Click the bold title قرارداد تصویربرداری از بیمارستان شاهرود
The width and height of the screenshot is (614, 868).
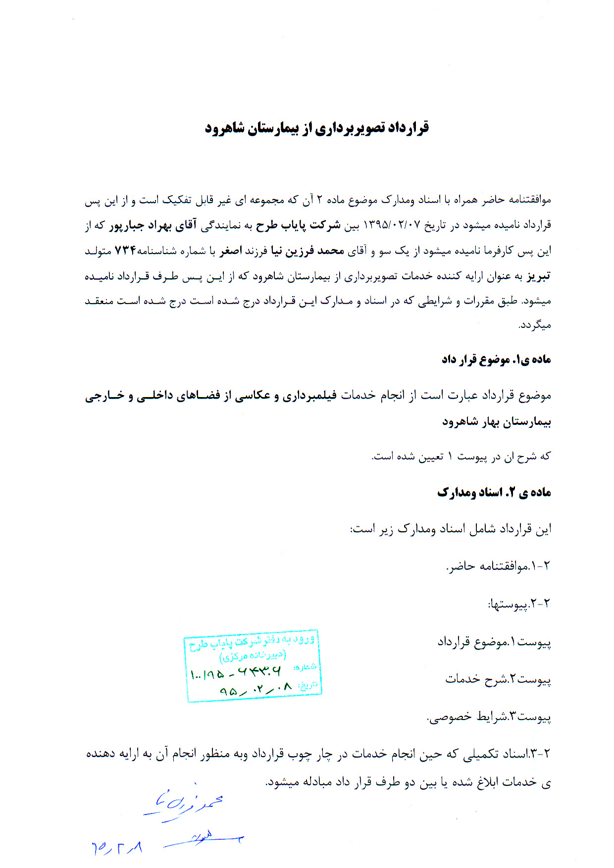tap(317, 128)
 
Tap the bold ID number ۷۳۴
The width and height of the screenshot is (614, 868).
tap(125, 251)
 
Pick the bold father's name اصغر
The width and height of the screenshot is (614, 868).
tap(231, 251)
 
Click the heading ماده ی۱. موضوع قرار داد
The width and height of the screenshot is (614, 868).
tap(496, 359)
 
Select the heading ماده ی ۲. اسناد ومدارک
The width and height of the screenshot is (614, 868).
tap(494, 492)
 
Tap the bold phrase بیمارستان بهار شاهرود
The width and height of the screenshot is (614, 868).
tap(496, 422)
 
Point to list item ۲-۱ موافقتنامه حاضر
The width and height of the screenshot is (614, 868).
tap(498, 566)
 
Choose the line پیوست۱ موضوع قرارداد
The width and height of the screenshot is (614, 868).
tap(494, 642)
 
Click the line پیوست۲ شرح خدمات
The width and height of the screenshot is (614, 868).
tap(498, 679)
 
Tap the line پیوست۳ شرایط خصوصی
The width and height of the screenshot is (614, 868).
tap(489, 716)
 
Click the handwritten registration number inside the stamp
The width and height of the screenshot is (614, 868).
tap(236, 672)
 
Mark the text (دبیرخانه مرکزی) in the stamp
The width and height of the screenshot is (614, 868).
tap(253, 656)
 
